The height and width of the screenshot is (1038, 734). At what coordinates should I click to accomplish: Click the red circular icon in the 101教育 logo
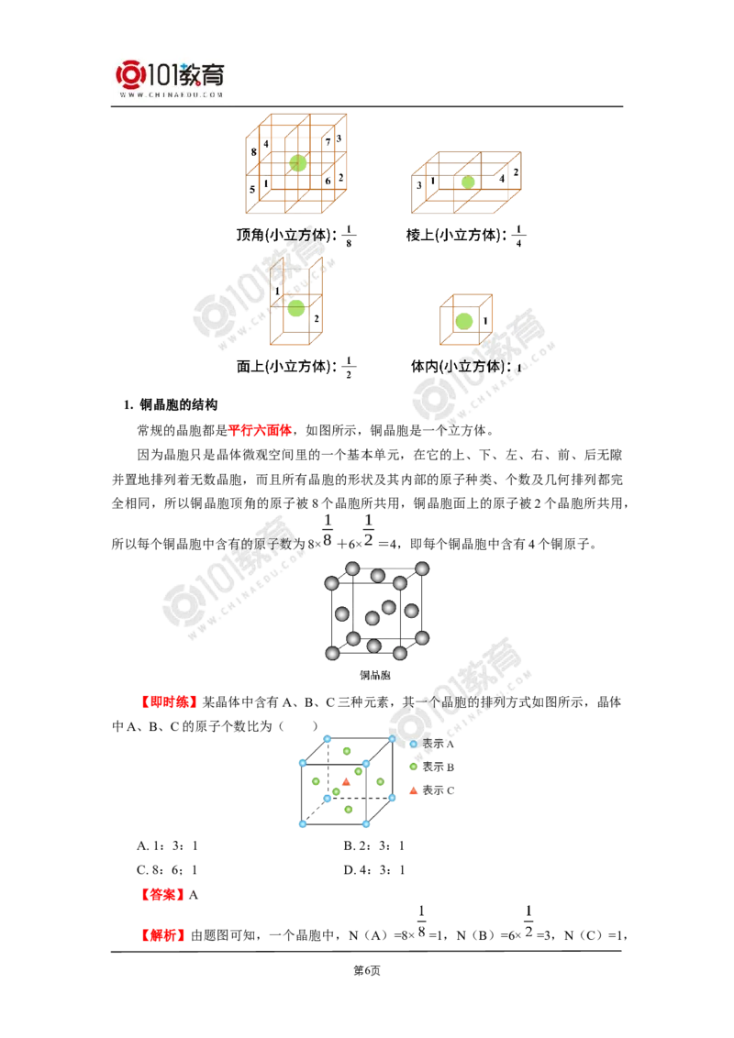tap(130, 75)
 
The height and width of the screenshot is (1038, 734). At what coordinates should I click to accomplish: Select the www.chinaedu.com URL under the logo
tap(172, 94)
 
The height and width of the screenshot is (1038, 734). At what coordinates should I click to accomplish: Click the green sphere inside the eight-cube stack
tap(296, 163)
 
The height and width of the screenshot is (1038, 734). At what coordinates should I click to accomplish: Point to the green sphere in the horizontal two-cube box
tap(469, 182)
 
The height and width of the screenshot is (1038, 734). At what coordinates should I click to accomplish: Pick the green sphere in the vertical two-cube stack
tap(295, 310)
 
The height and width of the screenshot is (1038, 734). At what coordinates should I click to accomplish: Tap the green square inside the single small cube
tap(465, 320)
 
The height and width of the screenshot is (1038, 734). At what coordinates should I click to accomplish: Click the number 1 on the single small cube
tap(486, 321)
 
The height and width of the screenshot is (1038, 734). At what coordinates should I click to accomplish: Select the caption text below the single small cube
tap(481, 368)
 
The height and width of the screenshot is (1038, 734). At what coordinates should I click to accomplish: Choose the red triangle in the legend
tap(413, 790)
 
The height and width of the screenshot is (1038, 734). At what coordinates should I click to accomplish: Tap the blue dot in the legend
tap(413, 744)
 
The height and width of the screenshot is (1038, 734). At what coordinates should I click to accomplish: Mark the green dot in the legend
tap(413, 766)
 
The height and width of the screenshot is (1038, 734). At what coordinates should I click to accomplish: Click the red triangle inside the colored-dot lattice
tap(346, 782)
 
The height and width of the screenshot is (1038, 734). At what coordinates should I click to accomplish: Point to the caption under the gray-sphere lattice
tap(376, 676)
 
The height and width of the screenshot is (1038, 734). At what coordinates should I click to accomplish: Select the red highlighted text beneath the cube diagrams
tap(260, 429)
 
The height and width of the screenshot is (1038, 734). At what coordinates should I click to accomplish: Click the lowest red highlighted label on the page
tap(164, 936)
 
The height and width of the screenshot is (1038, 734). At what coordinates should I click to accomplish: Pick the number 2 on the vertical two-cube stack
tap(316, 318)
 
